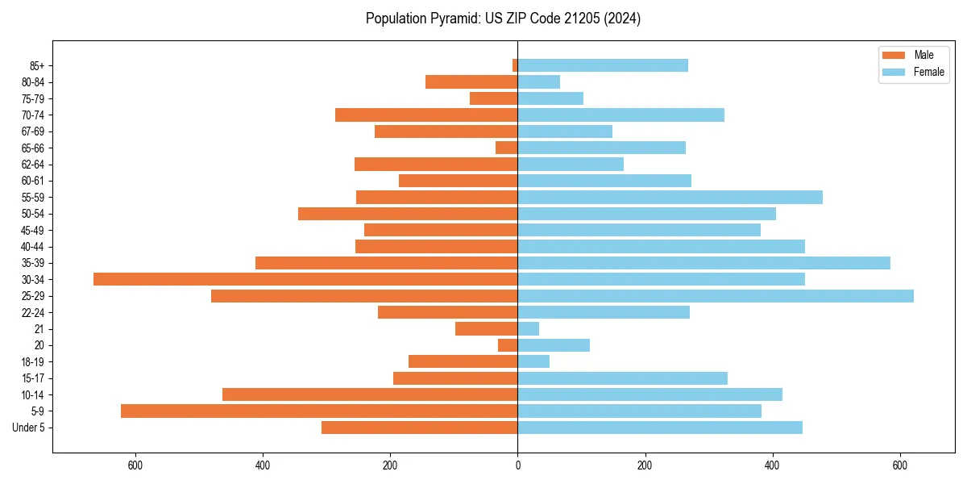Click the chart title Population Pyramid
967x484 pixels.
503,19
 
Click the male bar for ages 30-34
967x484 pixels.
305,279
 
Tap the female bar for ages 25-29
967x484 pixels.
716,296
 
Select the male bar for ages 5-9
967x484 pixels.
319,411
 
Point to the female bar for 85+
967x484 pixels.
603,65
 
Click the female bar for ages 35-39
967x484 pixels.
703,263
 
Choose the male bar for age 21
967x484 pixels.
486,328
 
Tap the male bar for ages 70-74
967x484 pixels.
426,115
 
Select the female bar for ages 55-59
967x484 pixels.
670,197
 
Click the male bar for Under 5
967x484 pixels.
419,428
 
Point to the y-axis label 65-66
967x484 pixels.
33,148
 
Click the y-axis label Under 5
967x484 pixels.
29,428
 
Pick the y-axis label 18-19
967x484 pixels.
33,361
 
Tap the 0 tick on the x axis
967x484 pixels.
517,465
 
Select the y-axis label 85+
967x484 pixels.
36,65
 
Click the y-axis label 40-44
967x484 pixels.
33,246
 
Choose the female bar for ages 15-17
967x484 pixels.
622,378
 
